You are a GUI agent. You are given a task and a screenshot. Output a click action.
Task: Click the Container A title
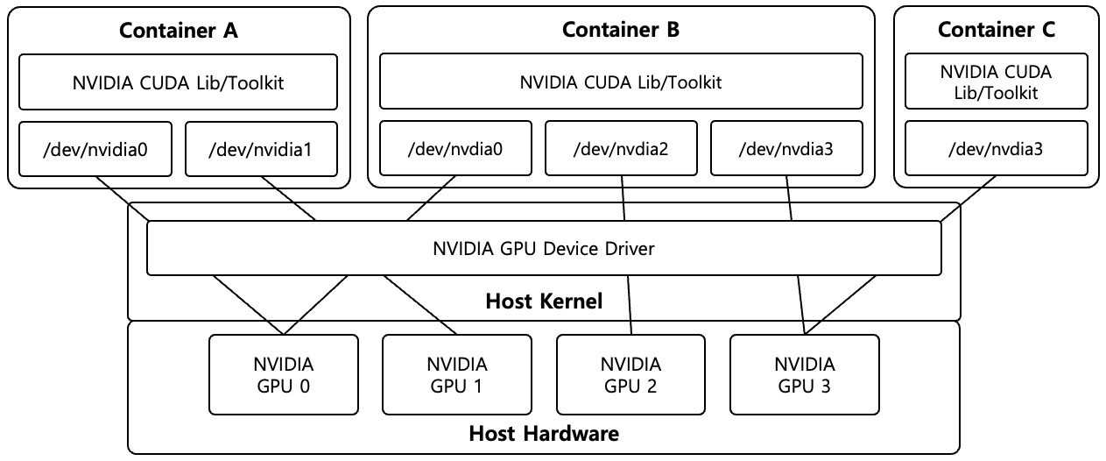(x=179, y=31)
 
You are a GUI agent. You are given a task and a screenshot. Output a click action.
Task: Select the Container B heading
(x=620, y=30)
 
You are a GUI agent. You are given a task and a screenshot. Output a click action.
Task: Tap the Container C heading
(x=997, y=30)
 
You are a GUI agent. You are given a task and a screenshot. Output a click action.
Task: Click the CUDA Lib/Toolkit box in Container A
(x=179, y=82)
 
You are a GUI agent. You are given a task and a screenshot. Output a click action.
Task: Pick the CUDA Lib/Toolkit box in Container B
(x=620, y=82)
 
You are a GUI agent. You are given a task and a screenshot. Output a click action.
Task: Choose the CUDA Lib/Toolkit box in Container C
(x=997, y=82)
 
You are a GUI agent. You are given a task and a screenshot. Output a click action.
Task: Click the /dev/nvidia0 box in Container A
(x=95, y=148)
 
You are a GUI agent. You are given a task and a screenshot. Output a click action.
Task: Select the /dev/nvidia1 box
(x=261, y=148)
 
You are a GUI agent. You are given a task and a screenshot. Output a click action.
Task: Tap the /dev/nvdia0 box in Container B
(x=454, y=148)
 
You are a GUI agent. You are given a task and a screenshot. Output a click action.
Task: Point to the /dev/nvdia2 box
(x=621, y=148)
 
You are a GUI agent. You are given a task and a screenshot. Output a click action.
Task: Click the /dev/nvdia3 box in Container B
(x=786, y=148)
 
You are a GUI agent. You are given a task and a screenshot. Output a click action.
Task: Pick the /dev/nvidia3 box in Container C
(x=997, y=148)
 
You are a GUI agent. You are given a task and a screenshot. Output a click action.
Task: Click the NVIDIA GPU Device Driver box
(x=544, y=248)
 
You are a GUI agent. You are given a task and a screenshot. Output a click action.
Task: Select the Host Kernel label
(x=544, y=302)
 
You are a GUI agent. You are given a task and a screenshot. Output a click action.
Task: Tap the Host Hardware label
(x=544, y=433)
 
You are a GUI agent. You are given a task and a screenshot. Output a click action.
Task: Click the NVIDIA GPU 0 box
(x=284, y=374)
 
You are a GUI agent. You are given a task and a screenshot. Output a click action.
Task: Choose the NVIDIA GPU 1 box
(x=457, y=374)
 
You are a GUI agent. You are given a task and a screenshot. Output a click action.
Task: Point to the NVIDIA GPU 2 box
(x=630, y=374)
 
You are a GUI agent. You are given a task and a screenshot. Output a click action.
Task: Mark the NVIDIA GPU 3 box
(x=804, y=374)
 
